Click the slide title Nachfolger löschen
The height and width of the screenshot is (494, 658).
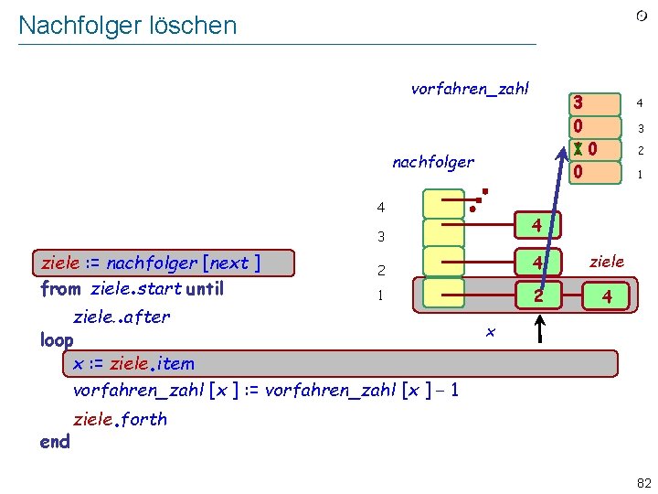click(127, 26)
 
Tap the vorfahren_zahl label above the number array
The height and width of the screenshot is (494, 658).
click(470, 89)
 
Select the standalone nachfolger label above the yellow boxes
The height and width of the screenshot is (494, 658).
click(433, 162)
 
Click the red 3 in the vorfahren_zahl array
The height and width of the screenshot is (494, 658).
click(578, 102)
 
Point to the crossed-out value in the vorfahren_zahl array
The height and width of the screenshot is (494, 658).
click(578, 148)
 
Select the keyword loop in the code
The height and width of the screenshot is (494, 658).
click(57, 340)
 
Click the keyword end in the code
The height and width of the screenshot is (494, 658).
click(55, 441)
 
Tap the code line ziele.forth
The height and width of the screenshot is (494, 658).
click(120, 419)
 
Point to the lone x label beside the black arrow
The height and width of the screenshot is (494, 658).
click(491, 331)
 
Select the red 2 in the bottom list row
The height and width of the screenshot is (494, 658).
click(539, 295)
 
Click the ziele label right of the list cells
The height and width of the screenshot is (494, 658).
click(607, 262)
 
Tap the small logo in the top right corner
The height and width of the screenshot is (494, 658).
click(642, 16)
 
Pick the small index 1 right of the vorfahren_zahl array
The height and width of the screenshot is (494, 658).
click(641, 173)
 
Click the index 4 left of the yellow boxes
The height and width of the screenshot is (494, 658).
click(381, 208)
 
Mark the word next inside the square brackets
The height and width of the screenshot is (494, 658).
click(228, 263)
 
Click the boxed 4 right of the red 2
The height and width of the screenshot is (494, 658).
click(607, 296)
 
